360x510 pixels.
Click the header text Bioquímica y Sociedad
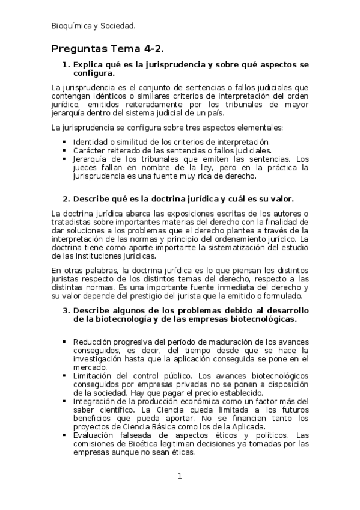93,26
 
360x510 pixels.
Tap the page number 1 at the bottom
179,476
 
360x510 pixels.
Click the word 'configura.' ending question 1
93,73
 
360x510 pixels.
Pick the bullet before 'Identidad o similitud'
64,142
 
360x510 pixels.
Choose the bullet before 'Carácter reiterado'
64,150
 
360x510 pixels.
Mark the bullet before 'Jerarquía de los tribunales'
64,159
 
